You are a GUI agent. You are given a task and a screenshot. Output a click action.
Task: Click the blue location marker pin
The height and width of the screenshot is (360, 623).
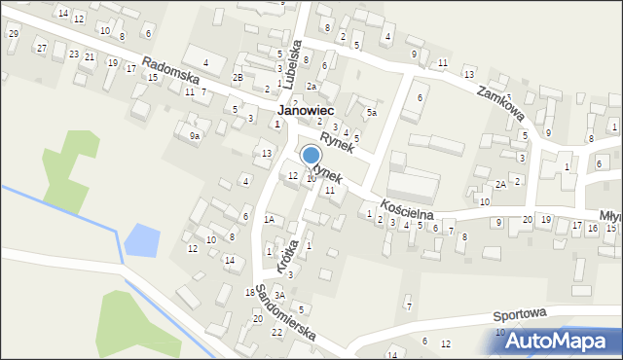[311, 156]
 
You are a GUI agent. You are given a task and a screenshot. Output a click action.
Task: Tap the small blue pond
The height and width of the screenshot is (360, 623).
[140, 239]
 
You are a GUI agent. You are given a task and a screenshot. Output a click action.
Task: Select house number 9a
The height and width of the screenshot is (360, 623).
[195, 135]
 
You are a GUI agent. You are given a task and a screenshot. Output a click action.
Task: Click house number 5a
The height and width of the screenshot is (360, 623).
[371, 113]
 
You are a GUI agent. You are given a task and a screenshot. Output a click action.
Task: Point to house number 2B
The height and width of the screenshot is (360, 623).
[237, 77]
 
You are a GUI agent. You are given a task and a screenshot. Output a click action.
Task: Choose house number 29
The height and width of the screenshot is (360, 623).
[13, 33]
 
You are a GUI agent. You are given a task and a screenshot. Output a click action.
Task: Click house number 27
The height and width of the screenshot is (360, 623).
[41, 48]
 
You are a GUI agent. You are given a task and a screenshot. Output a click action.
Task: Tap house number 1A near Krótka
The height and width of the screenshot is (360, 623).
[269, 219]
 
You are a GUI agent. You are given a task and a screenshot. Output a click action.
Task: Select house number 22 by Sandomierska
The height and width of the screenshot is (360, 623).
[276, 332]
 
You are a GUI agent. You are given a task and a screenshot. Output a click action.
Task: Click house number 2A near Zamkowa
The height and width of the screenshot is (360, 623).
[499, 184]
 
